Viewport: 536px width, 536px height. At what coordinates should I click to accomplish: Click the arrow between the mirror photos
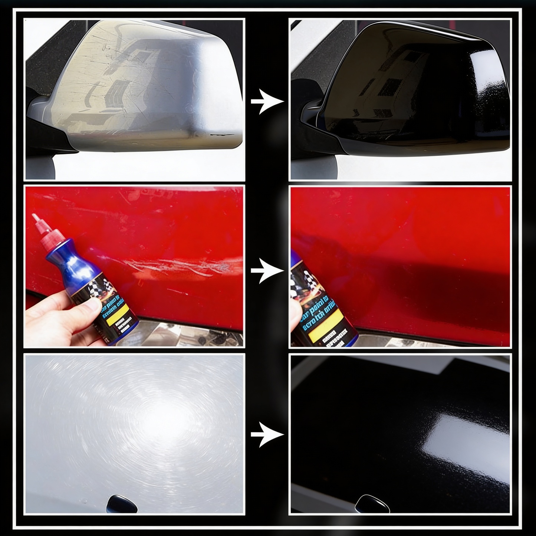click(x=267, y=101)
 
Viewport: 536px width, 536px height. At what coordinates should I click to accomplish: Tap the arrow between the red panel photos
click(x=267, y=271)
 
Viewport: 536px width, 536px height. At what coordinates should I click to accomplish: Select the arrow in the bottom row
click(x=267, y=434)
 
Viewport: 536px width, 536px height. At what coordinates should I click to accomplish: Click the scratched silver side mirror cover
click(x=148, y=85)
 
